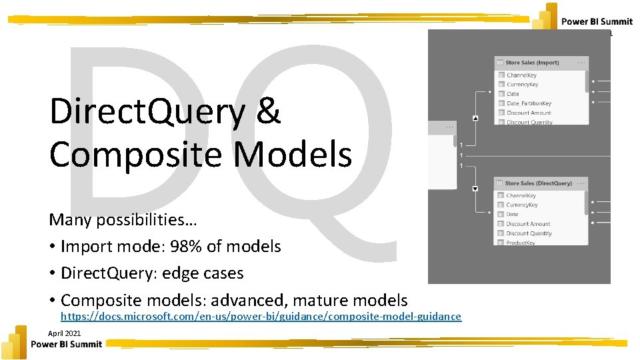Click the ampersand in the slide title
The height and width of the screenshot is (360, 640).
tap(267, 111)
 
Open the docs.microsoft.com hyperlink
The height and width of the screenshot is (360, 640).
tap(261, 316)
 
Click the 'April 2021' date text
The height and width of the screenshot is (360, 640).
tap(65, 333)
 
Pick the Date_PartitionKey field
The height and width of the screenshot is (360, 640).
tap(529, 103)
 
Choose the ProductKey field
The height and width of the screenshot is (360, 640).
tap(520, 243)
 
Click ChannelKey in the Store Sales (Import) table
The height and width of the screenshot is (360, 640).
tap(521, 75)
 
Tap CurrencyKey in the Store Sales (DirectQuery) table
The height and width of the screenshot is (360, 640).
tap(522, 205)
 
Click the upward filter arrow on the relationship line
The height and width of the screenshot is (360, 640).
tap(475, 118)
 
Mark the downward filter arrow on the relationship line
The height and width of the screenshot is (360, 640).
tap(475, 189)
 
